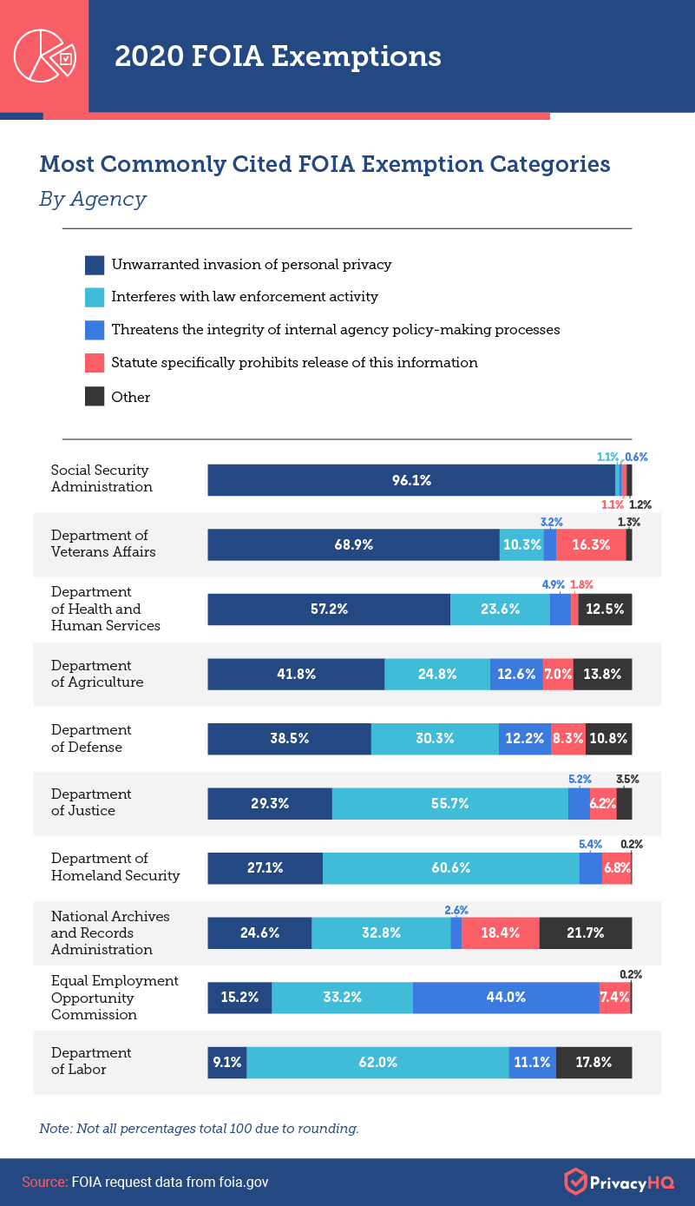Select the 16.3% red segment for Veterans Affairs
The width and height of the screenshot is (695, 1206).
click(591, 544)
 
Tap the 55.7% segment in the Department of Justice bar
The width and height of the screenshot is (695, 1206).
click(449, 804)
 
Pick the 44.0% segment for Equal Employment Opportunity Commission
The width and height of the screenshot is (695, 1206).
click(506, 997)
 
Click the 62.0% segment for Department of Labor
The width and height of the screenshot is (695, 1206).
click(377, 1062)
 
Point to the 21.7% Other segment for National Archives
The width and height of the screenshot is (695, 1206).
click(586, 933)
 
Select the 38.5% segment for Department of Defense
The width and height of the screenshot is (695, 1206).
click(289, 739)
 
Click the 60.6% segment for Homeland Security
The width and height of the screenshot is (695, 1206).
click(450, 868)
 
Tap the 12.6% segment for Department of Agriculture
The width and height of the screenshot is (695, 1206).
click(516, 674)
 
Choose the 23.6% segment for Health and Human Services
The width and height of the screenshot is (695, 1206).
click(500, 610)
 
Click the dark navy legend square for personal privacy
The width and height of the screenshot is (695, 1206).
click(95, 265)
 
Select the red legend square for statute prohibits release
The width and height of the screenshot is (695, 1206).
click(95, 363)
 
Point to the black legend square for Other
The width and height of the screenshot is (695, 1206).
click(95, 397)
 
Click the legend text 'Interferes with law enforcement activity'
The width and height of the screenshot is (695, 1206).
click(245, 297)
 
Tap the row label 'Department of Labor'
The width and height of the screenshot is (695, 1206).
click(79, 1061)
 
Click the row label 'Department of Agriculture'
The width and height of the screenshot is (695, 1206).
click(97, 674)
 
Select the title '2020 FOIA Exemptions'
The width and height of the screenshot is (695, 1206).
click(278, 56)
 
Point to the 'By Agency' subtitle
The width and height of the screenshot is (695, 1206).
click(92, 199)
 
